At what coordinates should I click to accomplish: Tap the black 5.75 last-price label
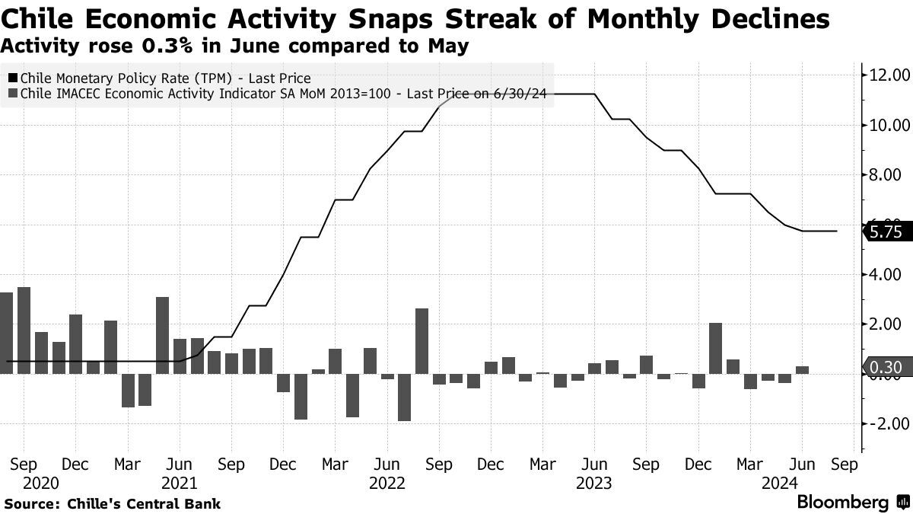[887, 232]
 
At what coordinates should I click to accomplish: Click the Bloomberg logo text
[842, 503]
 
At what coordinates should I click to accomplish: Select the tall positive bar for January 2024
[715, 348]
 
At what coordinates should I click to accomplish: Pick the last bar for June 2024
[802, 370]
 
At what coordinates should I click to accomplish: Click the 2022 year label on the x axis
[386, 483]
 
